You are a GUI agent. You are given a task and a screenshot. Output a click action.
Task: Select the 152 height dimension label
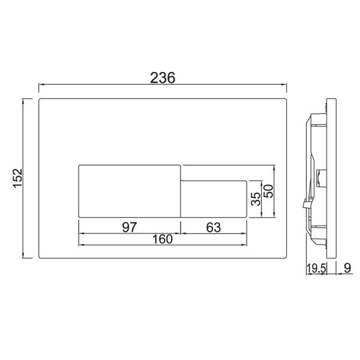[x=18, y=178]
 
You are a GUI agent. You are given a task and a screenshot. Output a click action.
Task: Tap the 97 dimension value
[x=130, y=227]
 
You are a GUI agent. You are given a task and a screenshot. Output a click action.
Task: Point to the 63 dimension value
[x=214, y=227]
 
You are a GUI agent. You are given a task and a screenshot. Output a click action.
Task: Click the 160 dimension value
[x=162, y=239]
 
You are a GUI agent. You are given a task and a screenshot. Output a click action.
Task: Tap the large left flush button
[x=130, y=189]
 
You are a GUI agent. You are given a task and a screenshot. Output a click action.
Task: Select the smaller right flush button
[x=215, y=197]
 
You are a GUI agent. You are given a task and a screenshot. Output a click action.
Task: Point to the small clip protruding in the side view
[x=305, y=205]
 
